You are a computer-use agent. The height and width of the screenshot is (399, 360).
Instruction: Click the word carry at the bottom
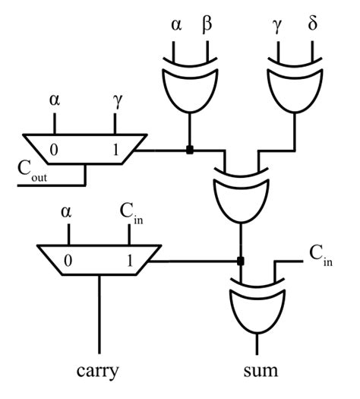coord(98,372)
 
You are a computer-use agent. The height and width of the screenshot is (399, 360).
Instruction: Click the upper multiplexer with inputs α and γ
coord(84,149)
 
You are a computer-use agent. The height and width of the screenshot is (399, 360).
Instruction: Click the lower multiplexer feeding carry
coord(98,259)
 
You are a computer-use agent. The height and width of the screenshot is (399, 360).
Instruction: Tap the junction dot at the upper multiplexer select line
coord(188,150)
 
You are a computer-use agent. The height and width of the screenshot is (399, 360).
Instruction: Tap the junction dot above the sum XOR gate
coord(240,261)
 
